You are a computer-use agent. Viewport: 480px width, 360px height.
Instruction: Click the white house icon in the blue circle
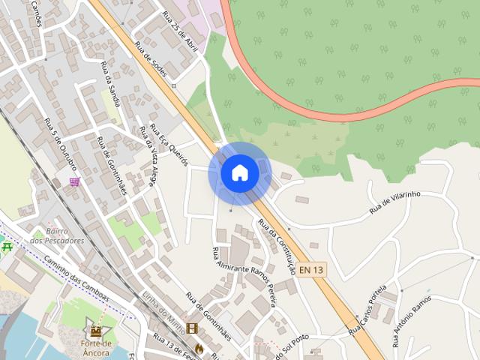pos(239,172)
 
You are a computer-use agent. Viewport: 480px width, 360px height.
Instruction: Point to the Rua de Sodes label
pos(149,57)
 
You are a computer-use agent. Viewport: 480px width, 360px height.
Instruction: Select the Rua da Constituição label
pos(277,244)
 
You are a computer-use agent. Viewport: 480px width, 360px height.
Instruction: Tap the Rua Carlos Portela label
pos(367,308)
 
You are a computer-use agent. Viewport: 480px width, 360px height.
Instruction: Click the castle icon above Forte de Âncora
pos(96,329)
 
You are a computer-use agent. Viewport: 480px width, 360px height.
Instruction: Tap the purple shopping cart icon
pos(74,181)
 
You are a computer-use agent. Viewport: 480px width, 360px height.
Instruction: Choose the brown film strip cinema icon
pos(192,329)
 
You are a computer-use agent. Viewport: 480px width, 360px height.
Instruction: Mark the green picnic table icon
pos(7,245)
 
